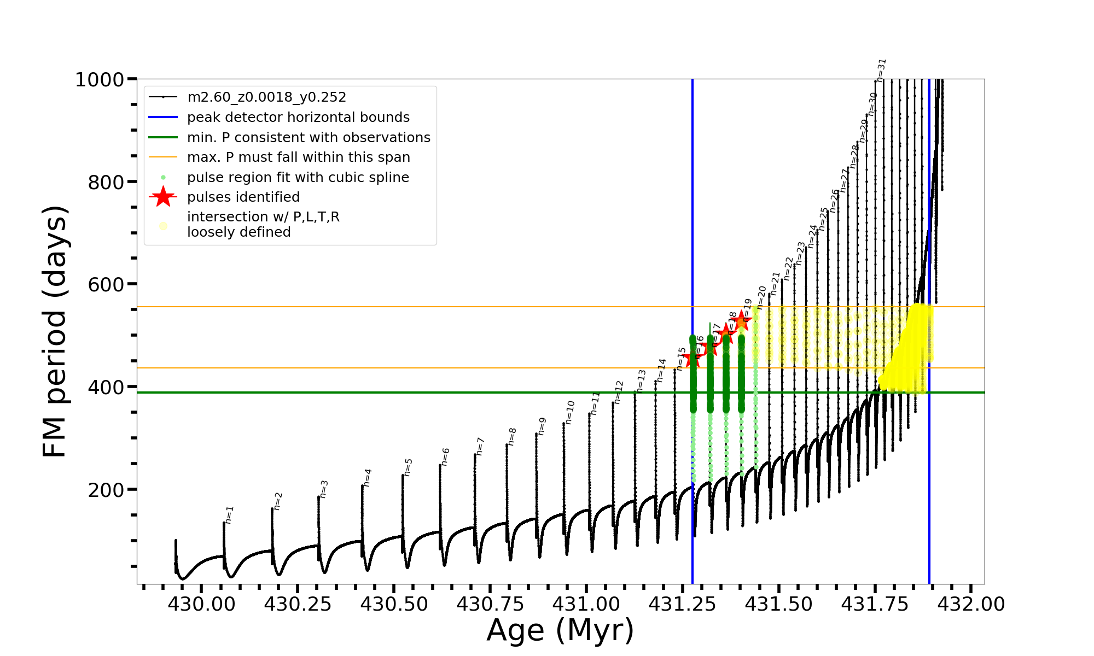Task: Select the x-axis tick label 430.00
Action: click(201, 604)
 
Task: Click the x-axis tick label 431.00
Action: click(586, 604)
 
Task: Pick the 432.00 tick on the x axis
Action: click(971, 604)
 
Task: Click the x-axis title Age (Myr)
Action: click(560, 630)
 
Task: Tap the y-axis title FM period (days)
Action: click(55, 331)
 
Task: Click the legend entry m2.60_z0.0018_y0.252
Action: click(266, 97)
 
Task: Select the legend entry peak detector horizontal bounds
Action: click(298, 118)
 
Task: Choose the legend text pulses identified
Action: click(243, 197)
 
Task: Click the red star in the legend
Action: click(163, 197)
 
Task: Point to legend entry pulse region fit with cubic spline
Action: click(298, 178)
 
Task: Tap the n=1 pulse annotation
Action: click(230, 515)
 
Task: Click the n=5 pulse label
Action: click(409, 467)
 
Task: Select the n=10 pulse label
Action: click(570, 412)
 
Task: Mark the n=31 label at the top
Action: click(881, 70)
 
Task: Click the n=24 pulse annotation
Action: click(813, 236)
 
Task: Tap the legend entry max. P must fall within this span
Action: click(298, 157)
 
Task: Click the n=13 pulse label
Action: click(642, 380)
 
